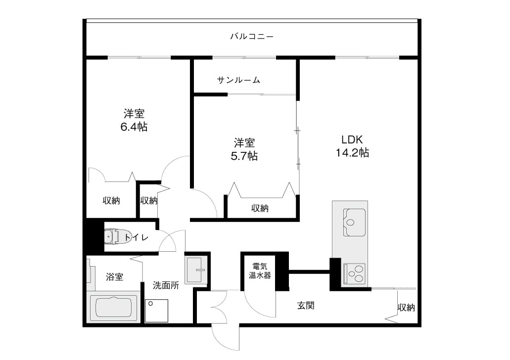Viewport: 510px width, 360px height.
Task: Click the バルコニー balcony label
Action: point(252,36)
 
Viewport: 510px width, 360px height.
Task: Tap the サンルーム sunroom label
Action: point(239,80)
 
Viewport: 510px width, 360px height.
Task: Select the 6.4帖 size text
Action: point(134,127)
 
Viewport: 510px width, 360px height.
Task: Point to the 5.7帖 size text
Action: point(244,156)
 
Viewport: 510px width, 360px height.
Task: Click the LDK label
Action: point(352,139)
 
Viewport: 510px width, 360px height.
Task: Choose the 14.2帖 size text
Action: point(352,152)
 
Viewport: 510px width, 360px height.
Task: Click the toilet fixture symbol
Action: point(113,236)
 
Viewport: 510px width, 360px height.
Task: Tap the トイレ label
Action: point(137,237)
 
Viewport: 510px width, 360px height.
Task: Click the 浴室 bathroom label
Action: point(114,277)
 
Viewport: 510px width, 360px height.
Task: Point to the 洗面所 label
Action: point(166,285)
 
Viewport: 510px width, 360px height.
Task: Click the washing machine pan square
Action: point(156,311)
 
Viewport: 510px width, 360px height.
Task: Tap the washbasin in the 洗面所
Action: point(196,270)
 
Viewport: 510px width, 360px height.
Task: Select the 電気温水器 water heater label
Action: point(260,271)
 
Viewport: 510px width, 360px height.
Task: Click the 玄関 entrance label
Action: point(306,306)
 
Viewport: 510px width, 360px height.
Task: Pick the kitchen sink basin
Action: point(354,222)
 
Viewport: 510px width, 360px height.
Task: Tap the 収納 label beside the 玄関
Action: point(407,307)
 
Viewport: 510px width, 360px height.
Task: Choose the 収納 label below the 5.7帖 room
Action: point(260,208)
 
